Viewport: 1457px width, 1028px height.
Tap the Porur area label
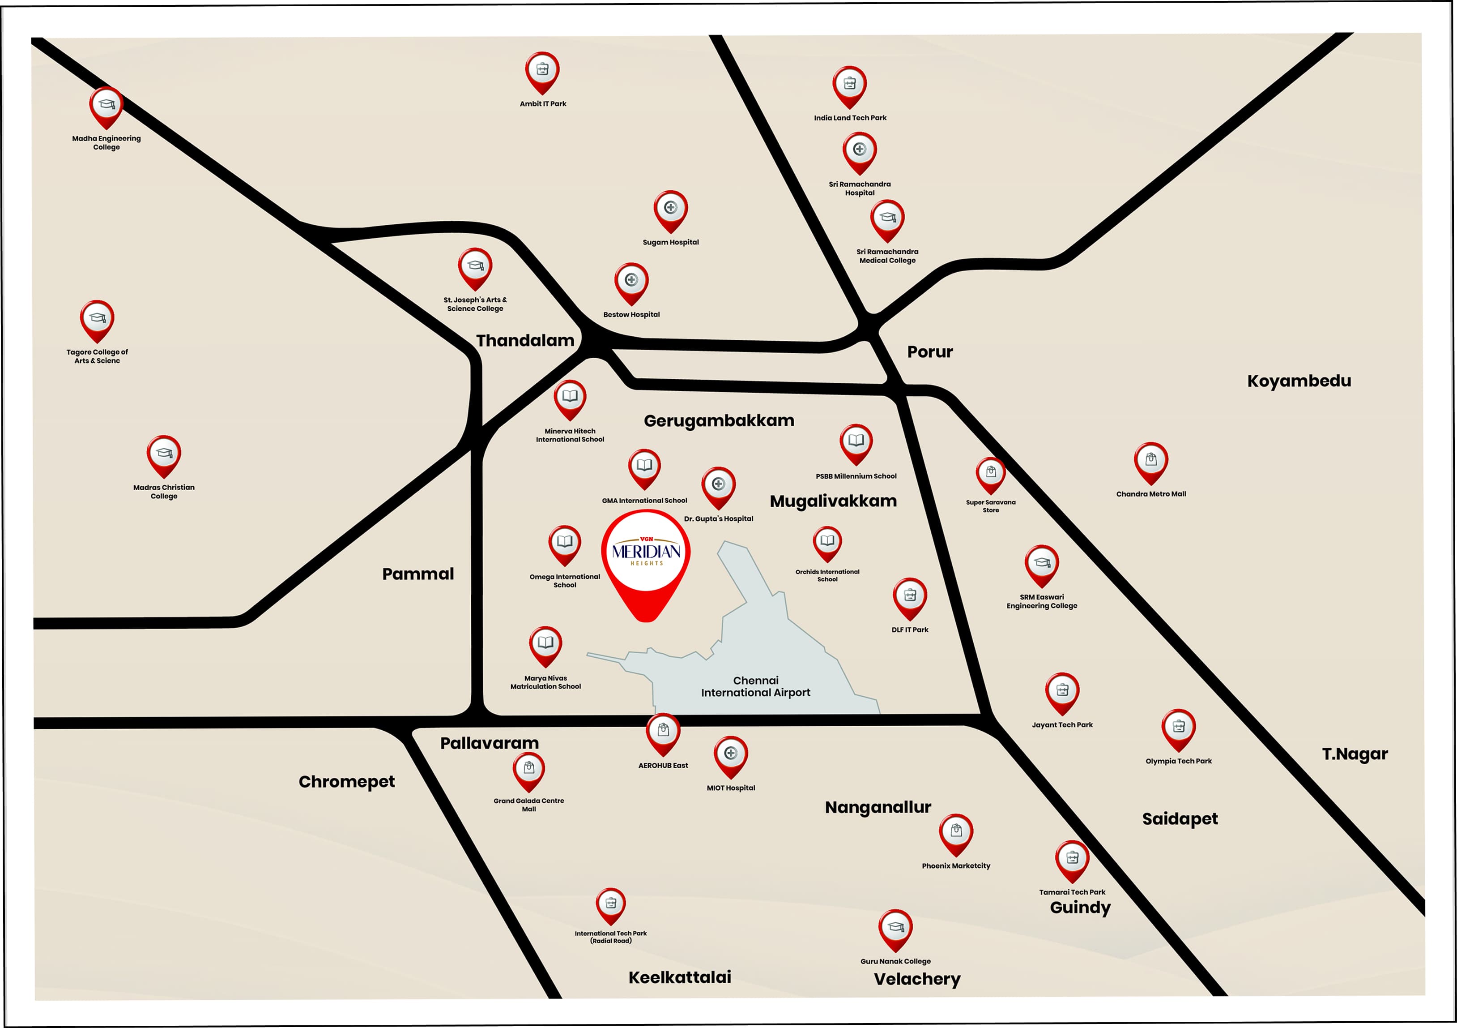(x=930, y=352)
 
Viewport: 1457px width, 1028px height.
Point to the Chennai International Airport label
(x=755, y=686)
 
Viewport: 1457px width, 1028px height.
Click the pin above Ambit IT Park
(x=542, y=70)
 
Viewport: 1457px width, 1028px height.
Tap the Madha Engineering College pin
(x=106, y=105)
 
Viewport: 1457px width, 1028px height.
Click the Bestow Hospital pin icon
(x=631, y=281)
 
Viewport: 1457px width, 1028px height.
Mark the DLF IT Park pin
(x=909, y=596)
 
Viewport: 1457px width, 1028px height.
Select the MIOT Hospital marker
(x=730, y=754)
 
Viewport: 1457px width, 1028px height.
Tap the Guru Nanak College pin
(x=895, y=928)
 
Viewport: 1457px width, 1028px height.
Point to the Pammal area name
(x=418, y=574)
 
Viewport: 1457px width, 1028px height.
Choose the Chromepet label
(x=346, y=782)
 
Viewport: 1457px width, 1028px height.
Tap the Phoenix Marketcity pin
(x=956, y=832)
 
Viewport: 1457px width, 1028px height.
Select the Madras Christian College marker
(x=164, y=454)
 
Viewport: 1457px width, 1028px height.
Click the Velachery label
(x=917, y=979)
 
